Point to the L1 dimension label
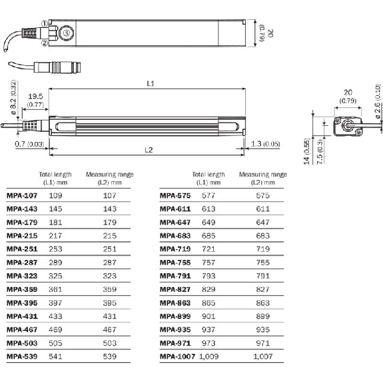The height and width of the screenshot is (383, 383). coord(151,84)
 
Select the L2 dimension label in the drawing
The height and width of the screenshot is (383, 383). coord(149,150)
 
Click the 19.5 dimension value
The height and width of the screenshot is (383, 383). coord(35,97)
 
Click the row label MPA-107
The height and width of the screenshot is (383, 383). coord(22,196)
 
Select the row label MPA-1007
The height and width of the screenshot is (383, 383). coord(177,356)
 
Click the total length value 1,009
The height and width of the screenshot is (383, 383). coord(209,356)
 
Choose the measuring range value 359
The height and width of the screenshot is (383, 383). coord(109,289)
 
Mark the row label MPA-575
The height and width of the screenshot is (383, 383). coord(175,196)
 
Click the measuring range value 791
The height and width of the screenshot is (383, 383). coord(262,276)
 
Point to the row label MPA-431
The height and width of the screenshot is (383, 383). coord(22,316)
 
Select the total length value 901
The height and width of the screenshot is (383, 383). coord(209,316)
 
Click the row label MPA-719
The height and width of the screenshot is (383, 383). coord(175,249)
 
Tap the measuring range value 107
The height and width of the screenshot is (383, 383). coord(109,196)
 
